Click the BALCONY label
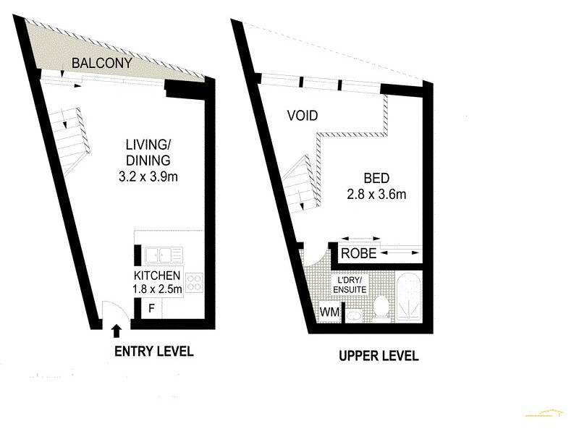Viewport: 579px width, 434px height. tap(102, 64)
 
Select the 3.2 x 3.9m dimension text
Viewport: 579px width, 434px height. tap(148, 176)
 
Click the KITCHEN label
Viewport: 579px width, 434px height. tap(157, 276)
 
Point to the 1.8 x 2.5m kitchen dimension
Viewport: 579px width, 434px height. tap(157, 289)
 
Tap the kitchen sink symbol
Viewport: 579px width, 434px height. tap(164, 254)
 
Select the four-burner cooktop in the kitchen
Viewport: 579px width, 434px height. tap(194, 282)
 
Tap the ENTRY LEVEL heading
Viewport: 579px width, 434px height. tap(155, 352)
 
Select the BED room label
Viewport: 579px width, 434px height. tap(376, 177)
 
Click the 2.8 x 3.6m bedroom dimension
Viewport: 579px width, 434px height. tap(376, 194)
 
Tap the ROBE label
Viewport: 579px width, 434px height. tap(358, 254)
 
